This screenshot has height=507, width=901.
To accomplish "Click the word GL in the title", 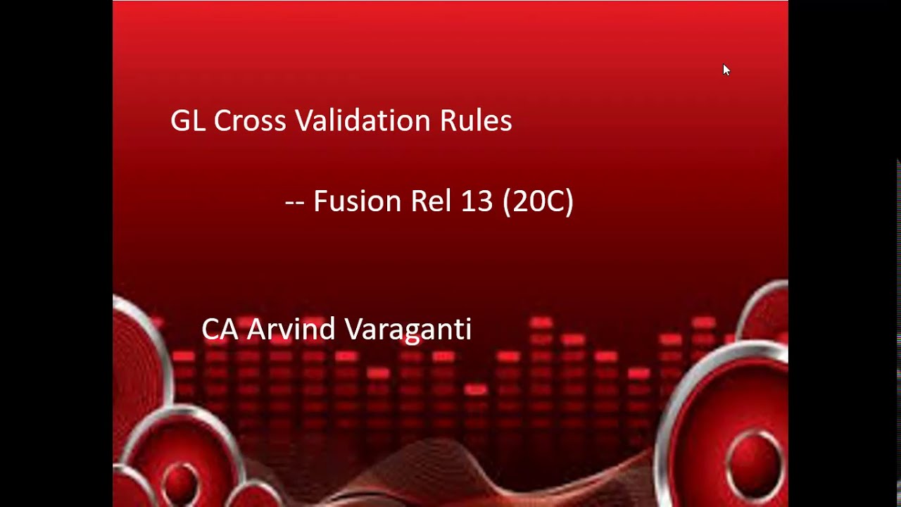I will click(x=188, y=120).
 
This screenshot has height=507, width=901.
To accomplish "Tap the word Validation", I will click(x=363, y=120).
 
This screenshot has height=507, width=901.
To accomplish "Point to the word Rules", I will click(x=476, y=120).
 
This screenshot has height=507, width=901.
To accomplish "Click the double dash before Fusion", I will click(x=294, y=202).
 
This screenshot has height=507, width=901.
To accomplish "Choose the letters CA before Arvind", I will click(x=220, y=330).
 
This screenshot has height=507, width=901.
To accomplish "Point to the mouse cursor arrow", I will click(x=726, y=69).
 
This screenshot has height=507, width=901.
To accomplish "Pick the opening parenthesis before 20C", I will click(x=508, y=201).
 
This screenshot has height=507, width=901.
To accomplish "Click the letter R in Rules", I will click(x=448, y=120).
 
